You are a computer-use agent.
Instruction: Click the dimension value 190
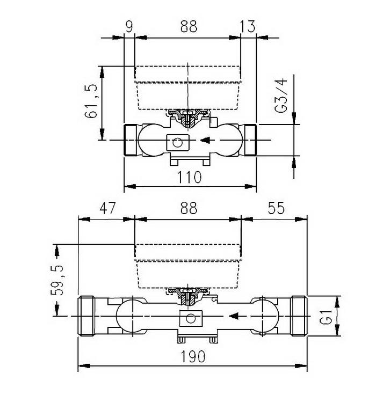point(193,356)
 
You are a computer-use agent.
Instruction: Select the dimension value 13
point(248,26)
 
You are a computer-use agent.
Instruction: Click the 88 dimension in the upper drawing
point(189,26)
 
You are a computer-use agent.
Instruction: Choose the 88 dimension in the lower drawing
point(189,208)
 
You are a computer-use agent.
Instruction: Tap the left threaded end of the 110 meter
point(131,141)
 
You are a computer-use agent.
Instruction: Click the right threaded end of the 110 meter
point(250,141)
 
